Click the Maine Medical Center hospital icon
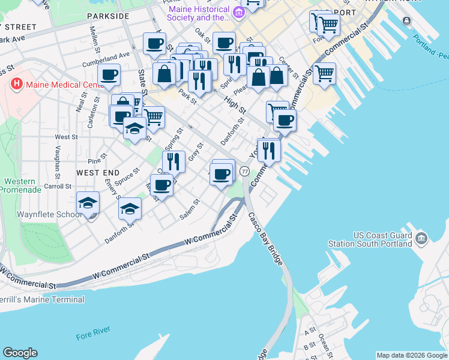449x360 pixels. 17,85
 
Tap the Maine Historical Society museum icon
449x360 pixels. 240,12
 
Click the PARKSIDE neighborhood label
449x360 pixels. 107,16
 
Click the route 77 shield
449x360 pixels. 244,172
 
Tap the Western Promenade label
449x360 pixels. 20,185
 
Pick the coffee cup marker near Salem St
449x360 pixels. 222,174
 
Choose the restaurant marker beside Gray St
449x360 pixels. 173,161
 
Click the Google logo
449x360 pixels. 20,353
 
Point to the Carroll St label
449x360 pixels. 58,187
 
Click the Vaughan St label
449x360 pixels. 58,158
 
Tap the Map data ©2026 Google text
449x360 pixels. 411,355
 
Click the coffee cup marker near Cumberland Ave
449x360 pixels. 109,75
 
